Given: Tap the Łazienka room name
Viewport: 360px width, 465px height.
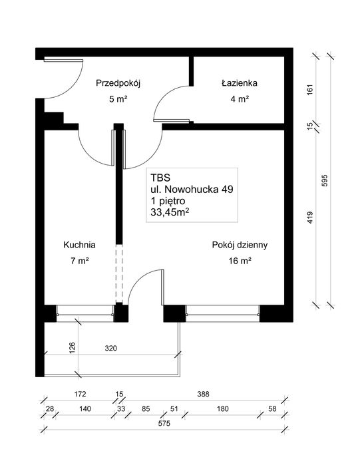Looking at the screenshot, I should point(240,83).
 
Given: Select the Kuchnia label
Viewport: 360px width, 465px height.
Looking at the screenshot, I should point(80,243).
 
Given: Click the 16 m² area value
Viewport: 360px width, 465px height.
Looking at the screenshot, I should point(239,261).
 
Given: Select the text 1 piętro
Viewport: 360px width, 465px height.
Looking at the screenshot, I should point(172,201).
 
